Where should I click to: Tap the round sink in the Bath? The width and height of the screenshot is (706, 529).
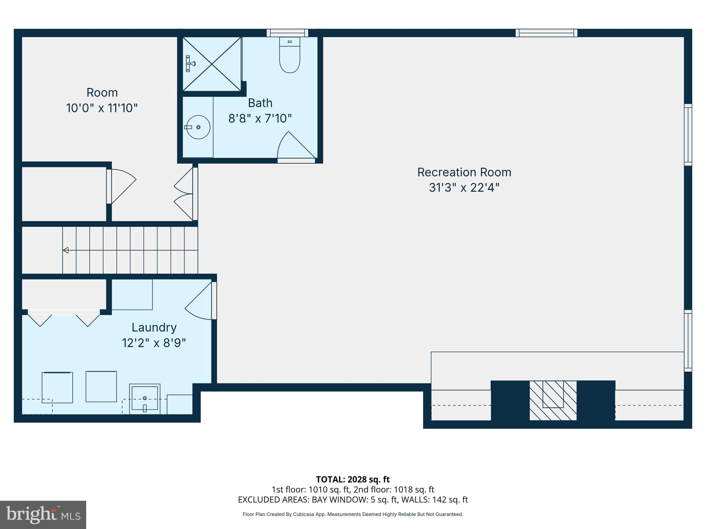click(198, 127)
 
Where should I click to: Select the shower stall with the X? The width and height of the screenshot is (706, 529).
click(212, 64)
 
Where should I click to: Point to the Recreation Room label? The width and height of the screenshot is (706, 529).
click(464, 172)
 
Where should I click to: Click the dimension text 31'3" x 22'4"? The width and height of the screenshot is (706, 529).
click(464, 188)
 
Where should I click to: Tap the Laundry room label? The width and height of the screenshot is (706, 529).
click(154, 327)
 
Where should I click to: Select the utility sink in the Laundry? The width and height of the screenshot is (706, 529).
click(145, 398)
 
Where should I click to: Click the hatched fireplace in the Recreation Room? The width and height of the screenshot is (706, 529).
click(553, 400)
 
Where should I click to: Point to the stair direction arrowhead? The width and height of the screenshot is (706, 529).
click(65, 250)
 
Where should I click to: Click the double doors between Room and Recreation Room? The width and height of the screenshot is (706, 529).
click(184, 194)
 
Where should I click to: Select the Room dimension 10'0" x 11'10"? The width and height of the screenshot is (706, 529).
click(102, 108)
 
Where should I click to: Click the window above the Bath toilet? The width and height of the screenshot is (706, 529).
click(287, 33)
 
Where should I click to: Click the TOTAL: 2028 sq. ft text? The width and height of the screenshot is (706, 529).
click(353, 479)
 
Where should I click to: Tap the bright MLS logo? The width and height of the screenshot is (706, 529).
click(43, 515)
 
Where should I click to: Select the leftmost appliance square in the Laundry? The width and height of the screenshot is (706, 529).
click(57, 387)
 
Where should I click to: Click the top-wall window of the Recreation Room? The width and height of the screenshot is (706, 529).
click(546, 33)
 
